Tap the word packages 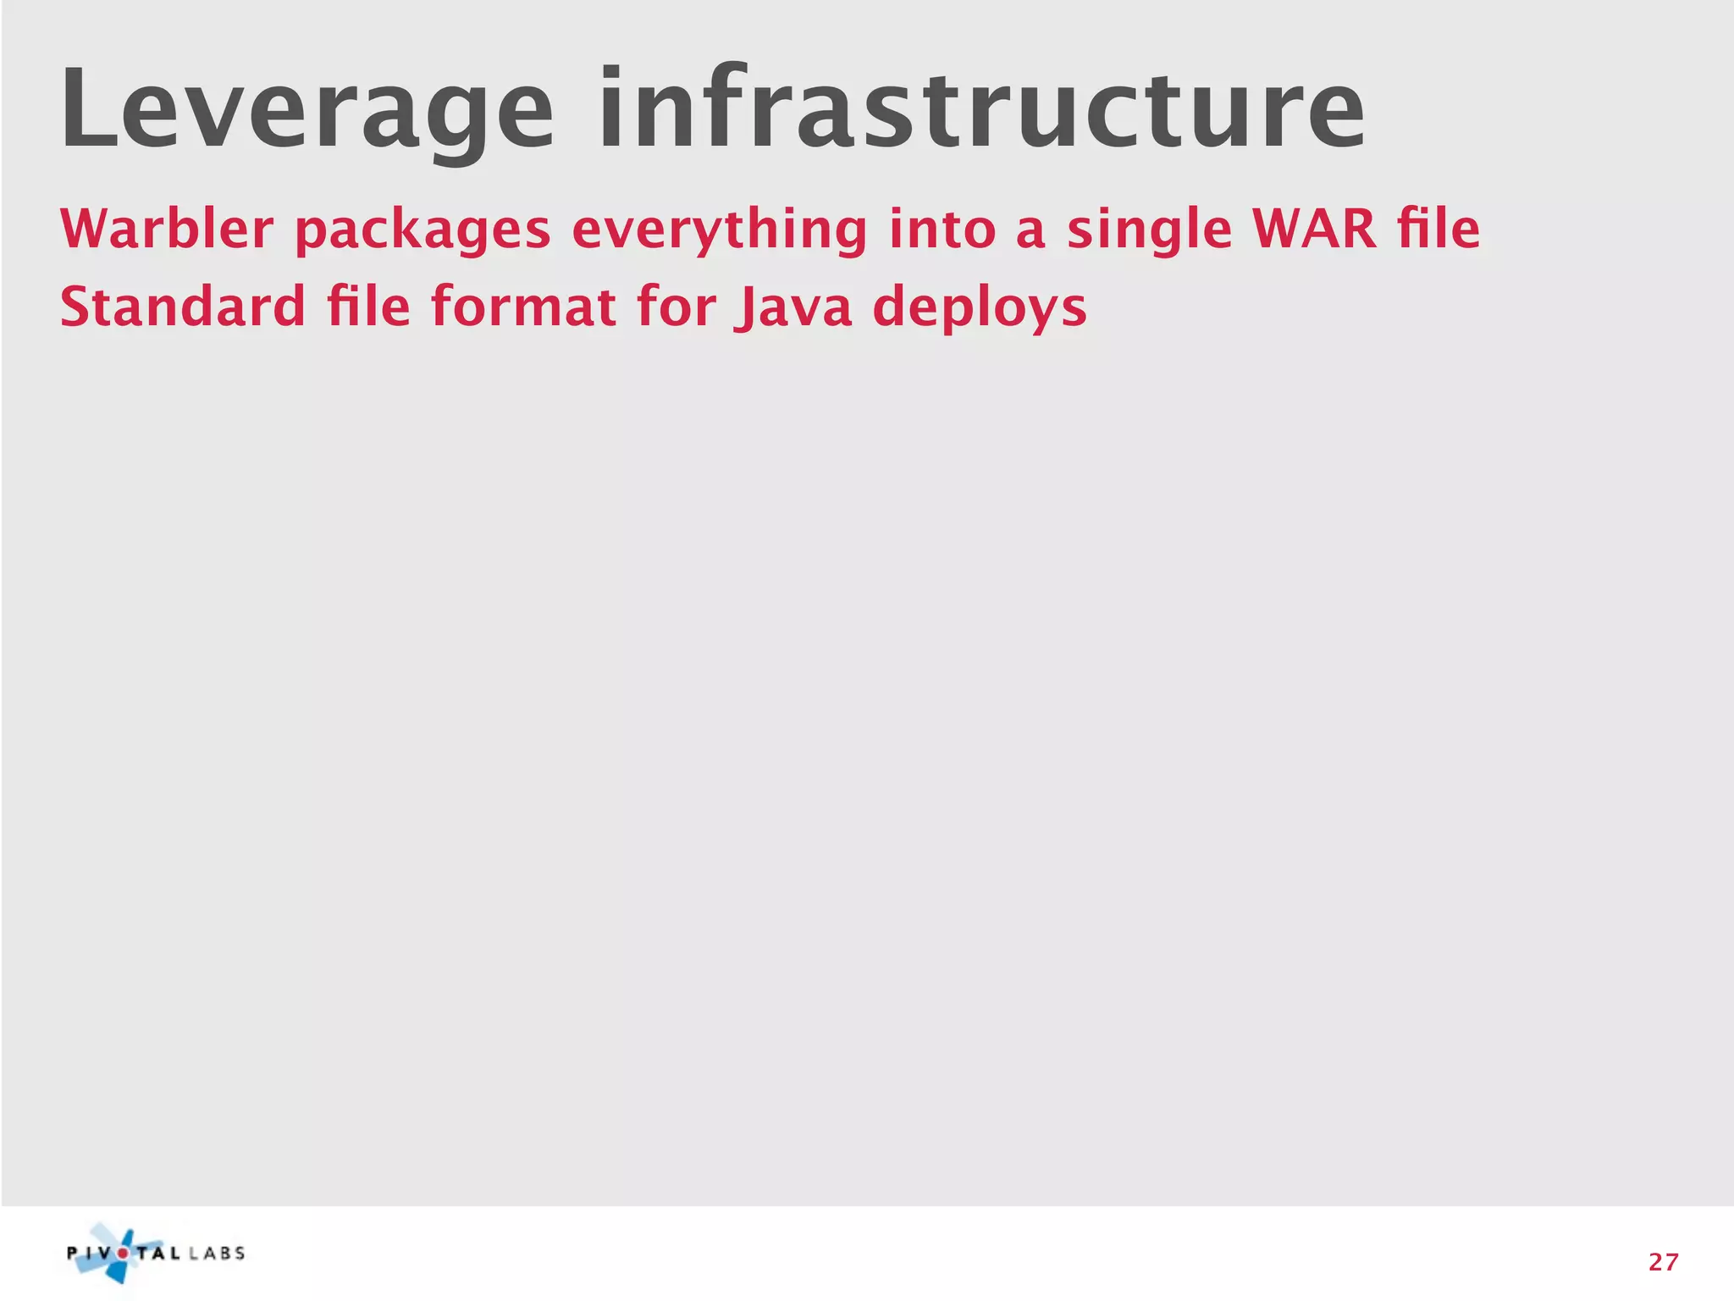click(x=422, y=230)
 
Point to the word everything click(x=720, y=230)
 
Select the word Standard click(x=182, y=307)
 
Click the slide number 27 click(x=1663, y=1263)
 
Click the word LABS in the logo click(x=217, y=1254)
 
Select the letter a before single click(x=1030, y=231)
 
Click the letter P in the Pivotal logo click(x=74, y=1254)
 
